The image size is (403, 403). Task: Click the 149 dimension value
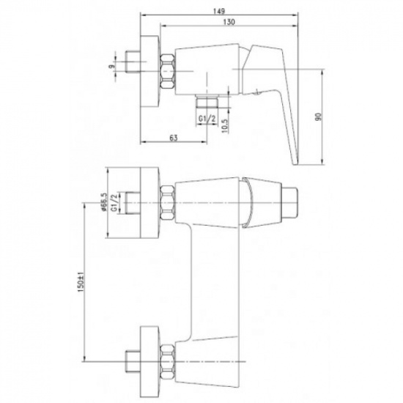(x=219, y=11)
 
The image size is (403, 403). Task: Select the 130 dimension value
(x=229, y=22)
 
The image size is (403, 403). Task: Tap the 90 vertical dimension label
(x=319, y=117)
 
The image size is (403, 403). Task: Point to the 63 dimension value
(x=174, y=138)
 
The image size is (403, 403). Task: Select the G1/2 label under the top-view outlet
(x=207, y=119)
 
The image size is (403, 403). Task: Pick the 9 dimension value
(x=111, y=66)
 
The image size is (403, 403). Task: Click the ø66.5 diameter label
(x=104, y=202)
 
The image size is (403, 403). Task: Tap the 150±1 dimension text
(x=81, y=282)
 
